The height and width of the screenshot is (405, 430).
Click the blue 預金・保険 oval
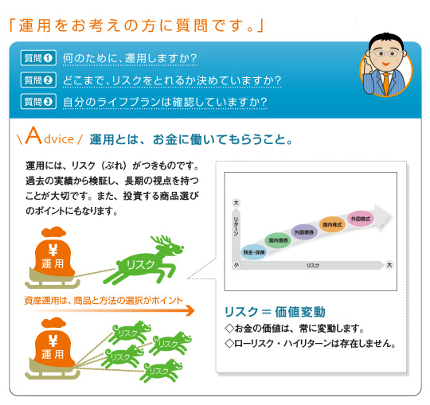pos(256,251)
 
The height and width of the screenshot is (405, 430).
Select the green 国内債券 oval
pos(279,239)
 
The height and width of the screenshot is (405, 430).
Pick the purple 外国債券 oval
pos(305,231)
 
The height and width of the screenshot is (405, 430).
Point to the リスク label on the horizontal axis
pos(313,265)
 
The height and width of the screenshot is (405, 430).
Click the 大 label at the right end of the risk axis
pos(389,265)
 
